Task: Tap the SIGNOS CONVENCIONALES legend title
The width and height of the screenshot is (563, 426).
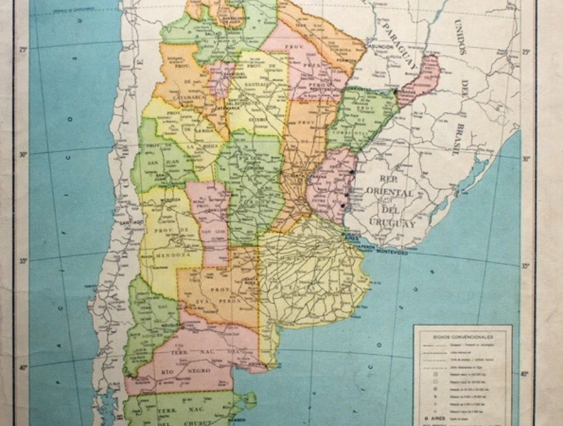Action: click(463, 337)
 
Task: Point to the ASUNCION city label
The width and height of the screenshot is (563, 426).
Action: click(381, 47)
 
